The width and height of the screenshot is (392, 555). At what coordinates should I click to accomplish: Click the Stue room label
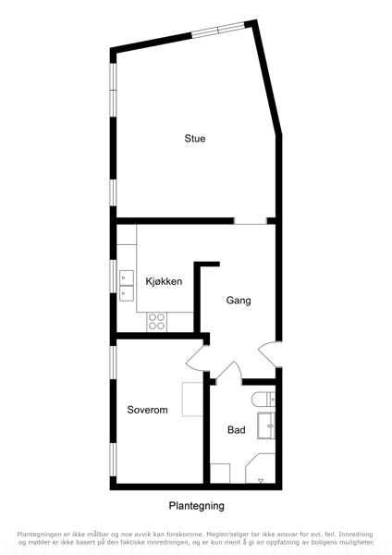click(194, 138)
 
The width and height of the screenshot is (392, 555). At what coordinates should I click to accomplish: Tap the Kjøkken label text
click(164, 281)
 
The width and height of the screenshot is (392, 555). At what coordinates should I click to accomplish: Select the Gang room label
click(239, 301)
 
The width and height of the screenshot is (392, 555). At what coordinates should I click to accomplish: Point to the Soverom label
click(147, 410)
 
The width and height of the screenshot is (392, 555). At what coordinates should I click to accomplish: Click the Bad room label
click(237, 430)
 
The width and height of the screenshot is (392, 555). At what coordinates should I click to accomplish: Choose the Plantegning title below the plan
click(196, 506)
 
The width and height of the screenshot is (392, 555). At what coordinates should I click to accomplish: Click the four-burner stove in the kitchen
click(157, 322)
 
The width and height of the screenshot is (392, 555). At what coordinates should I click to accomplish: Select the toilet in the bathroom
click(263, 401)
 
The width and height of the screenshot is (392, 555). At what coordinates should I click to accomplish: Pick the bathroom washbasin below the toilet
click(266, 425)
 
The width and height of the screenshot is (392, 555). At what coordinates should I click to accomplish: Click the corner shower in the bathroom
click(261, 468)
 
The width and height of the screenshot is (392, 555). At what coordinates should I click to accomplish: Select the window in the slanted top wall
click(218, 30)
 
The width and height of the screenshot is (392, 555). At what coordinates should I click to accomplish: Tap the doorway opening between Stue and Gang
click(251, 221)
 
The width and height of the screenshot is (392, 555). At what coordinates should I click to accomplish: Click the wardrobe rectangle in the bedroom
click(192, 400)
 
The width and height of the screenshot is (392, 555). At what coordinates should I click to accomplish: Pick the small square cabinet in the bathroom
click(220, 474)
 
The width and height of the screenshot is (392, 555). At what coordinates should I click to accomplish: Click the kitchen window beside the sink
click(113, 277)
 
